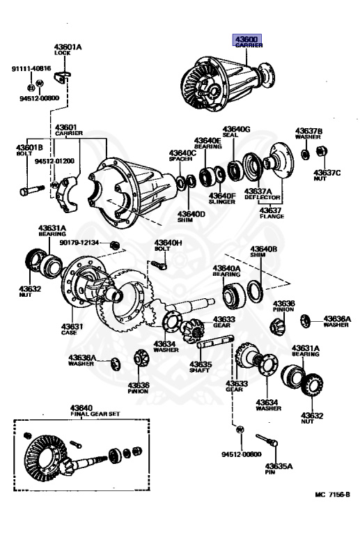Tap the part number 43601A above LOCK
[68, 47]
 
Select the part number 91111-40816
[31, 68]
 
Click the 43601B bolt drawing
[32, 190]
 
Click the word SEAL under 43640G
[230, 134]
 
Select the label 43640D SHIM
[191, 217]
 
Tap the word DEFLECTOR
[262, 197]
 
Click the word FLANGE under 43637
[272, 217]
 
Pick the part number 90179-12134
[79, 242]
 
